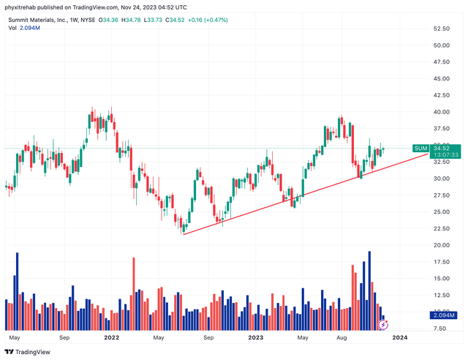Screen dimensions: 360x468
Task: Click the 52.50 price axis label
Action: tap(441, 29)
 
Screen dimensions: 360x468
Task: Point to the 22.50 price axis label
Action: tap(441, 228)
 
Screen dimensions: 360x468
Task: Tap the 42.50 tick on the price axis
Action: tap(441, 95)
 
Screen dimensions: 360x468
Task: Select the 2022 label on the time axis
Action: tap(111, 338)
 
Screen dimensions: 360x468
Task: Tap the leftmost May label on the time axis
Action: tap(15, 338)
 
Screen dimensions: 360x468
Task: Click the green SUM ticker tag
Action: tap(420, 149)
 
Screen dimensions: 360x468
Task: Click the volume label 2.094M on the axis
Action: tap(442, 315)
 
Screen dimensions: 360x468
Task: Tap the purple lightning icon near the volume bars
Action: tap(384, 323)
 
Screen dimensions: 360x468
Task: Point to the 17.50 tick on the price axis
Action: tap(441, 262)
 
